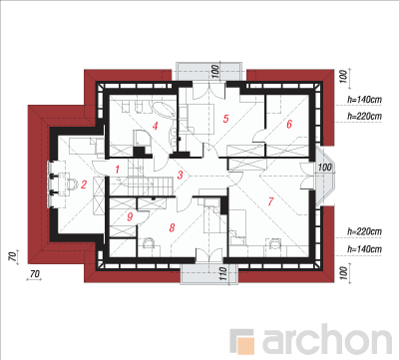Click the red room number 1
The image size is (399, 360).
[117, 170]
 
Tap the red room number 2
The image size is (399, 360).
[84, 183]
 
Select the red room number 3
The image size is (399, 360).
[180, 175]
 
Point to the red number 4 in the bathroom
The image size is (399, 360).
[155, 126]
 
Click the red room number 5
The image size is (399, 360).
[226, 119]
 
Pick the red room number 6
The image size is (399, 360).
[289, 124]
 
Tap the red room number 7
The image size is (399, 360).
[270, 201]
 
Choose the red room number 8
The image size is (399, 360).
[172, 227]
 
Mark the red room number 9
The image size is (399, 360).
[130, 216]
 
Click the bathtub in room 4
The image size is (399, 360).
[164, 109]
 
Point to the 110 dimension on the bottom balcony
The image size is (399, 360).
[223, 273]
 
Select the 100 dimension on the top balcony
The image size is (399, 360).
[215, 72]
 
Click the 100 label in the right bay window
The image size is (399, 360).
[325, 168]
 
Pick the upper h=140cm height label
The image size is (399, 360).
[364, 100]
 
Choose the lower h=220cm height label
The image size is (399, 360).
[364, 231]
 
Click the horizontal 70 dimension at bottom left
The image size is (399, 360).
[35, 274]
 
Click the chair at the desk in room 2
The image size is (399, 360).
[72, 183]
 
